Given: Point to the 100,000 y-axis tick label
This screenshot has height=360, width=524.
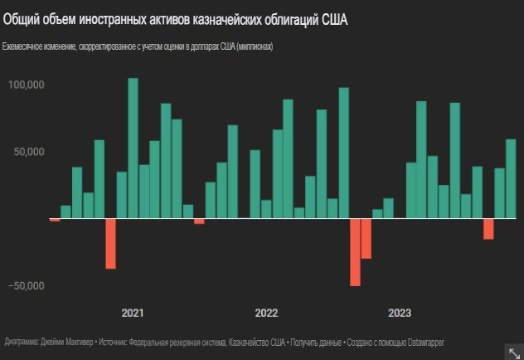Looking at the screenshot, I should tap(26, 85).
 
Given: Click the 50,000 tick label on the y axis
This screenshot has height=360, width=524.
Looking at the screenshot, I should tap(28, 153).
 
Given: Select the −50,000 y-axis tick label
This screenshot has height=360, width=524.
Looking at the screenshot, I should tap(26, 286).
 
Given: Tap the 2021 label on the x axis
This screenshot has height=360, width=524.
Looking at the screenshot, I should tap(133, 314).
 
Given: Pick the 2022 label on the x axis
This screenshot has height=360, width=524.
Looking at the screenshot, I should tap(266, 314).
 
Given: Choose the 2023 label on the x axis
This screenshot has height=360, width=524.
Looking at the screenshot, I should tap(400, 314).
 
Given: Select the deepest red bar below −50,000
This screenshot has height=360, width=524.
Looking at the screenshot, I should tap(355, 252).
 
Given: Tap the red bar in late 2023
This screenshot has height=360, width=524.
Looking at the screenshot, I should tap(488, 228).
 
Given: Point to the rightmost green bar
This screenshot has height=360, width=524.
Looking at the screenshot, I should tap(511, 178).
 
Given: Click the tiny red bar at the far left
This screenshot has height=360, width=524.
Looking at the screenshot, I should tap(55, 220).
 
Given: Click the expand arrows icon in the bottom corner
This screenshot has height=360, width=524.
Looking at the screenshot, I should tap(512, 350).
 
